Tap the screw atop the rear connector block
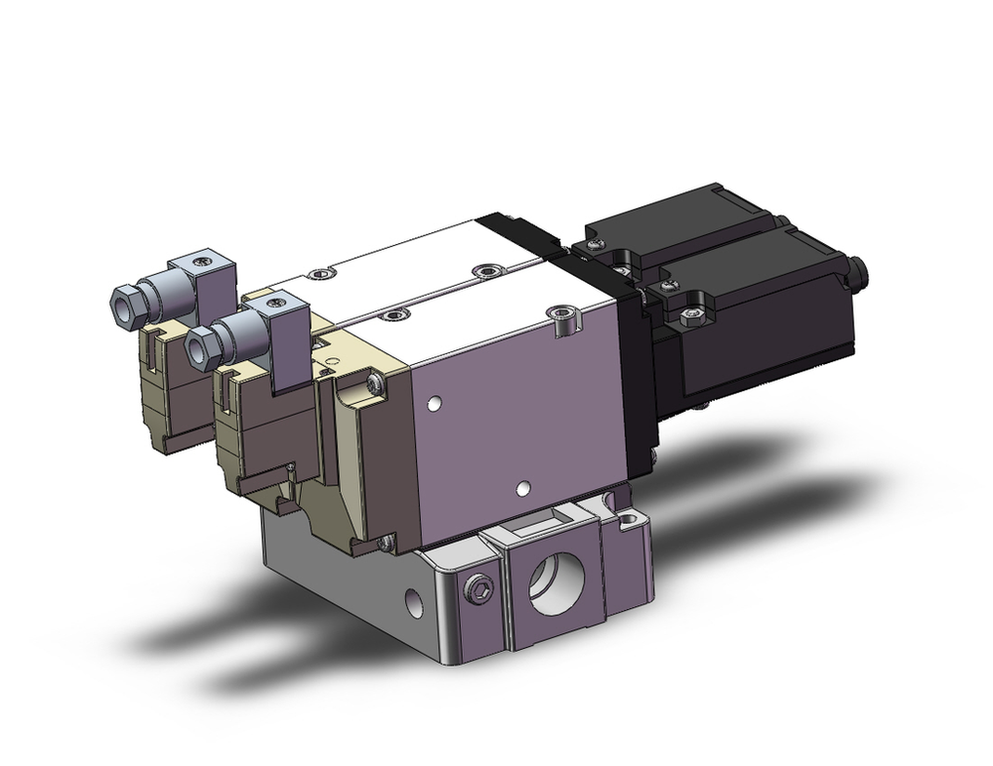pyautogui.click(x=204, y=262)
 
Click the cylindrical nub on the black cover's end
pyautogui.click(x=857, y=269)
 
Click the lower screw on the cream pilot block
pyautogui.click(x=384, y=542)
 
